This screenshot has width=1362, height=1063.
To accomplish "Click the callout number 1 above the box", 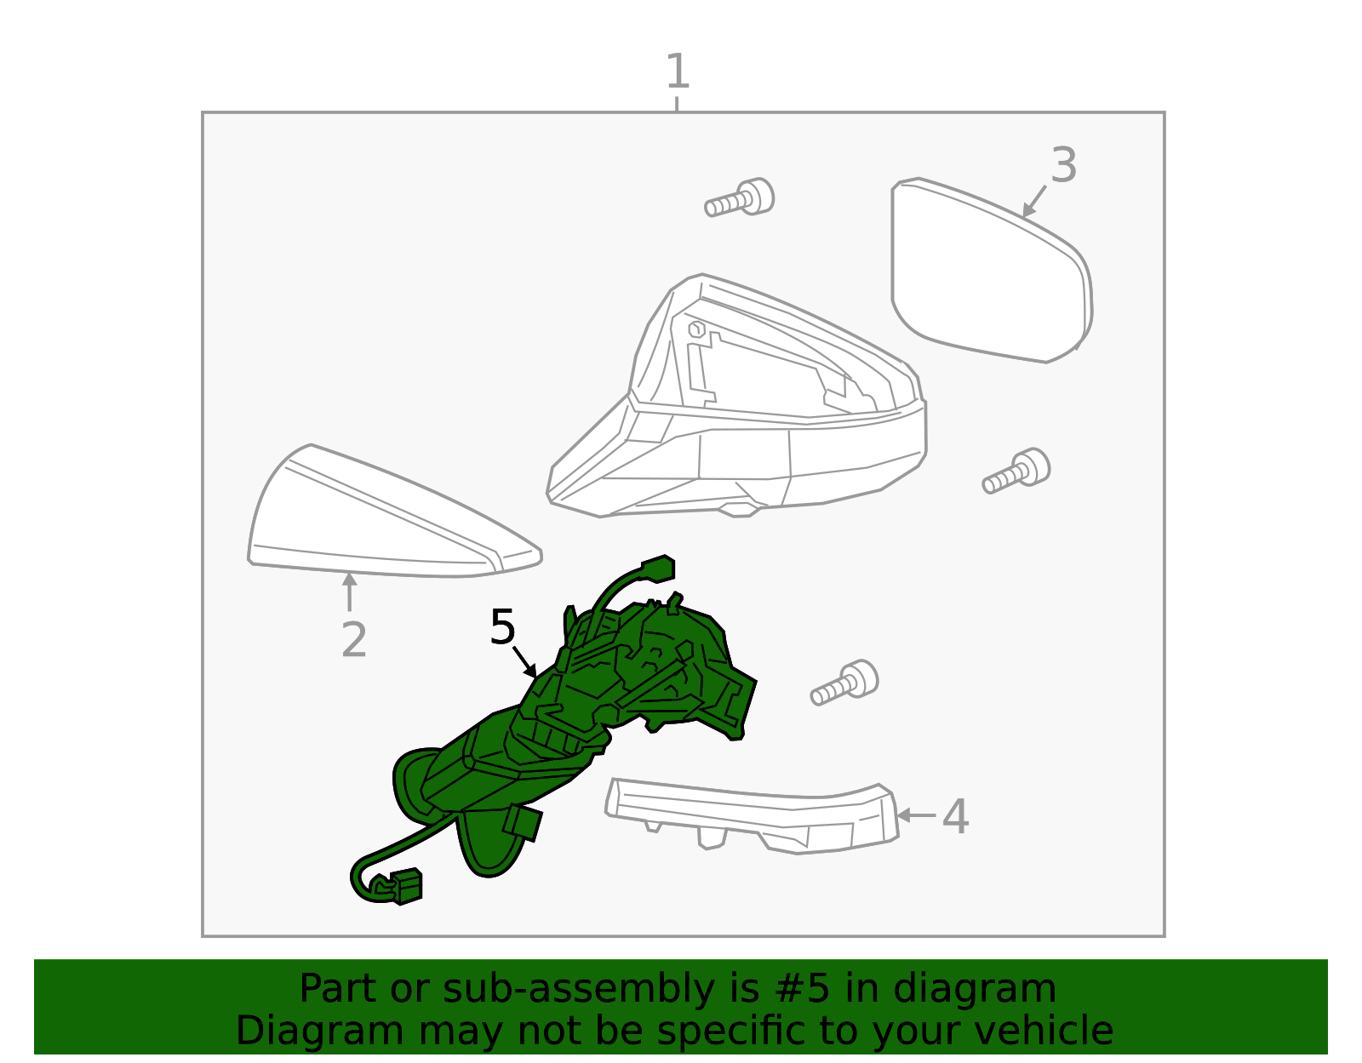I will coord(677,71).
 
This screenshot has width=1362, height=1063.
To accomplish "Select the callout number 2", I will coord(353,640).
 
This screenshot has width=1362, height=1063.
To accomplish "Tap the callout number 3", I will coord(1063,165).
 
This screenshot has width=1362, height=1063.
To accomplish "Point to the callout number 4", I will coord(955,817).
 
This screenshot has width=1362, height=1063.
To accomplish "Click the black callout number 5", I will coord(502,628).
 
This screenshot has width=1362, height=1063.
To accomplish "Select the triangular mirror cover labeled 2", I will coord(383,519).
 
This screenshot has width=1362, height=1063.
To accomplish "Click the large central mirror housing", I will coord(741,409).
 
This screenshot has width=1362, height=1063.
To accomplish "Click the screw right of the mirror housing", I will coord(1016,471).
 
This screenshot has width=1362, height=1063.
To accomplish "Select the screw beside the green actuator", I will coord(844,683).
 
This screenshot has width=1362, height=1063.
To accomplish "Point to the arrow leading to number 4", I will coord(916,815).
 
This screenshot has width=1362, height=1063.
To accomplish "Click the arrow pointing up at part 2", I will coord(349,592).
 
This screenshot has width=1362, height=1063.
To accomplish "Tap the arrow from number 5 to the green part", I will coord(524,661).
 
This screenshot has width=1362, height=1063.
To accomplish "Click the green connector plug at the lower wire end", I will coord(406,886).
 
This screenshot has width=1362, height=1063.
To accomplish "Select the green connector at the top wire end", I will coord(657,568).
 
